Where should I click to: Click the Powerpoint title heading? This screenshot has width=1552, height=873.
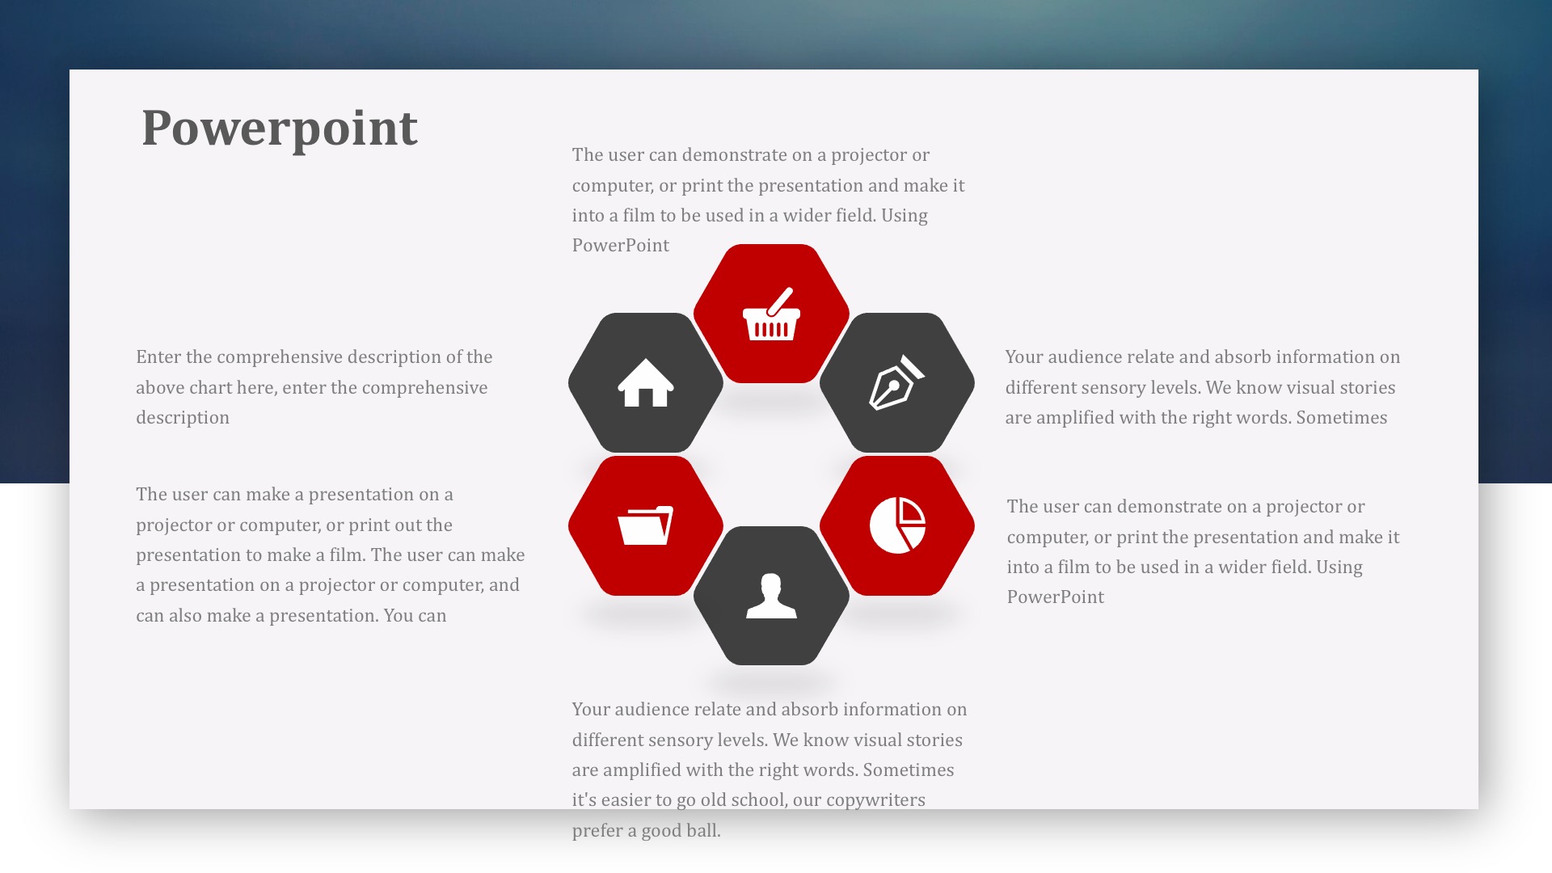[280, 129]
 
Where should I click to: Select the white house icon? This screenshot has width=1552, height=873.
[646, 382]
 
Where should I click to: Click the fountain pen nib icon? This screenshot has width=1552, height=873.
[896, 382]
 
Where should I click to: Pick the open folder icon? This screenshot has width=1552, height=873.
[646, 525]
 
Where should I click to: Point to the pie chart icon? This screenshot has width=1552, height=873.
[897, 525]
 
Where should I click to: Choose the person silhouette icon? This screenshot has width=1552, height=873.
[771, 596]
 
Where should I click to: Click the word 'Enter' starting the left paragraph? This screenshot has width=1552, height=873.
[158, 357]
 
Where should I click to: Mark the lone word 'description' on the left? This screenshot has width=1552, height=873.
[183, 418]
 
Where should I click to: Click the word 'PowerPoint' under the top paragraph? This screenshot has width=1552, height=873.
[621, 246]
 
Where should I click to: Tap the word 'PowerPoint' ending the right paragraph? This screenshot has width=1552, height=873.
[1056, 597]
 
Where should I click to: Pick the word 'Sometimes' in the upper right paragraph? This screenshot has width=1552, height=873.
[1342, 418]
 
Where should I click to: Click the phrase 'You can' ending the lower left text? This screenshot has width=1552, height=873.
[415, 616]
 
